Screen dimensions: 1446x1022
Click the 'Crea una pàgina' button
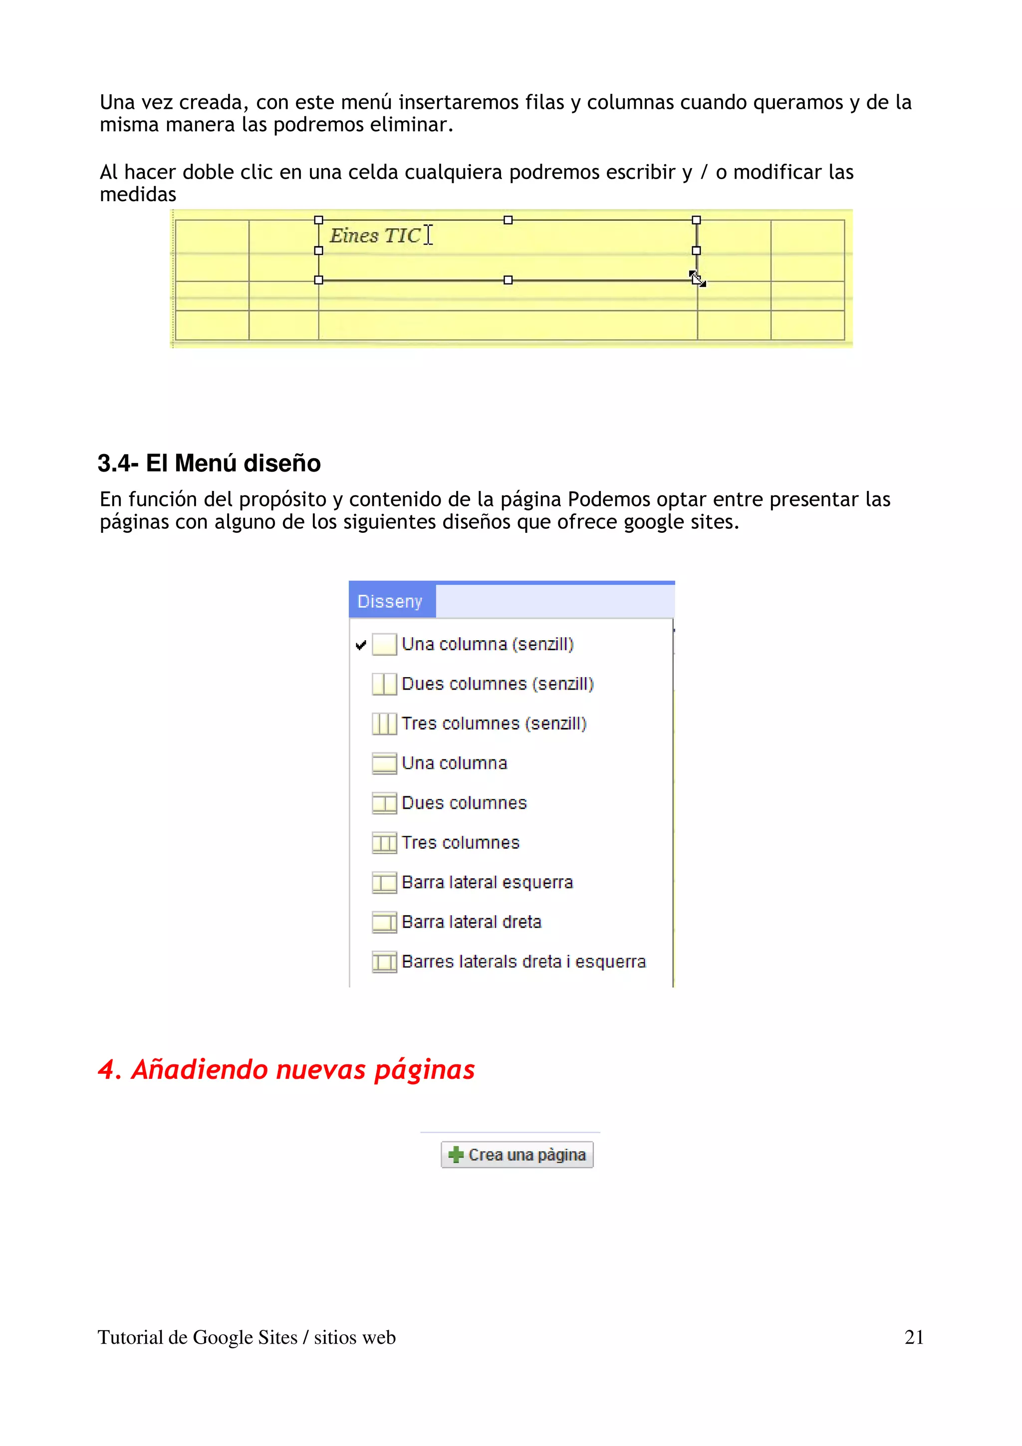coord(517,1155)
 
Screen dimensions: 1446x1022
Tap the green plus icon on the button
coord(455,1155)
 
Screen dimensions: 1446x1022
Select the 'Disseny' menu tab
coord(390,601)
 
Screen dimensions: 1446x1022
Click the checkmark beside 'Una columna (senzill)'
coord(361,645)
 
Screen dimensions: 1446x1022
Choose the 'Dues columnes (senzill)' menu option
coord(498,684)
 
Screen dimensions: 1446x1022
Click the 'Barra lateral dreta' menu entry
coord(471,922)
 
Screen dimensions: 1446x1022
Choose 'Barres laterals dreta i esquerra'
coord(523,962)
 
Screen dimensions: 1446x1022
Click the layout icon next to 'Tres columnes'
coord(384,843)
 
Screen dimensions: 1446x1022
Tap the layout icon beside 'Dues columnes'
coord(384,803)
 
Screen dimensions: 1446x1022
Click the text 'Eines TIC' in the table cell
coord(375,236)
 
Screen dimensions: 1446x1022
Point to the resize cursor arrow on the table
coord(697,278)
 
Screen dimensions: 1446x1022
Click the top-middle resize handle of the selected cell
coord(508,220)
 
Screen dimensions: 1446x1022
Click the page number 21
coord(914,1337)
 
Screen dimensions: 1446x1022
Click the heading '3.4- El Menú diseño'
coord(209,463)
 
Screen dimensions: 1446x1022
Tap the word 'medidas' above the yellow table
coord(138,195)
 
